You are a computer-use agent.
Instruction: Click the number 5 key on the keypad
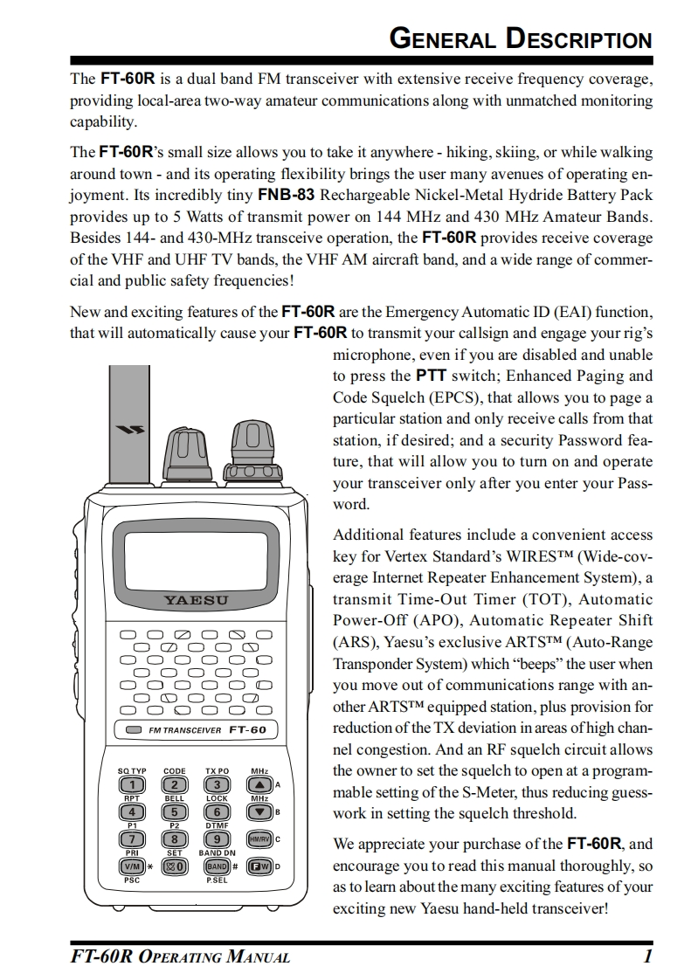[x=176, y=812]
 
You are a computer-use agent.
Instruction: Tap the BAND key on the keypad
[x=216, y=866]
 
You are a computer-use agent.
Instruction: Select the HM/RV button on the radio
[x=259, y=839]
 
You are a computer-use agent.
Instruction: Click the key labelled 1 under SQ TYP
[x=134, y=785]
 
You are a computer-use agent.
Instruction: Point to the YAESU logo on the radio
[x=196, y=600]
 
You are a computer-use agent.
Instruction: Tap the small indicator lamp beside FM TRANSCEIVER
[x=134, y=729]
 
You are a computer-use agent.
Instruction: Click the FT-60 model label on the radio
[x=247, y=729]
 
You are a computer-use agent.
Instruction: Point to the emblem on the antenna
[x=127, y=429]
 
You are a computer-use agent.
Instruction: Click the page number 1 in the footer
[x=647, y=956]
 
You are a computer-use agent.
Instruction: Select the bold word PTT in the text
[x=431, y=376]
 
